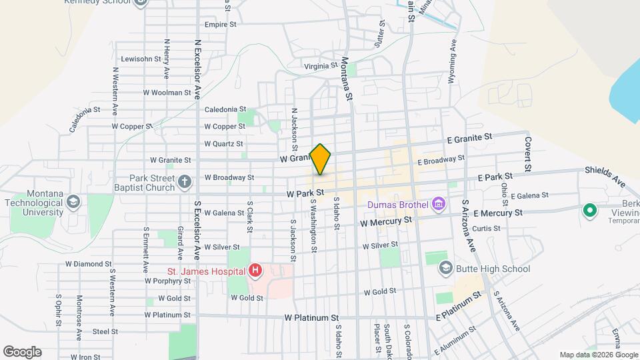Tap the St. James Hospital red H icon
(255, 271)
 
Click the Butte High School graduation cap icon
(445, 269)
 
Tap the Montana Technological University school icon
(73, 202)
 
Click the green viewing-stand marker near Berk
(589, 211)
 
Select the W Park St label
(305, 193)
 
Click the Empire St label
(221, 25)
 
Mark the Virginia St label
(321, 66)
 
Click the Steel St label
(105, 331)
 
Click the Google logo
(22, 352)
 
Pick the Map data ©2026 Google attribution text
(597, 355)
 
